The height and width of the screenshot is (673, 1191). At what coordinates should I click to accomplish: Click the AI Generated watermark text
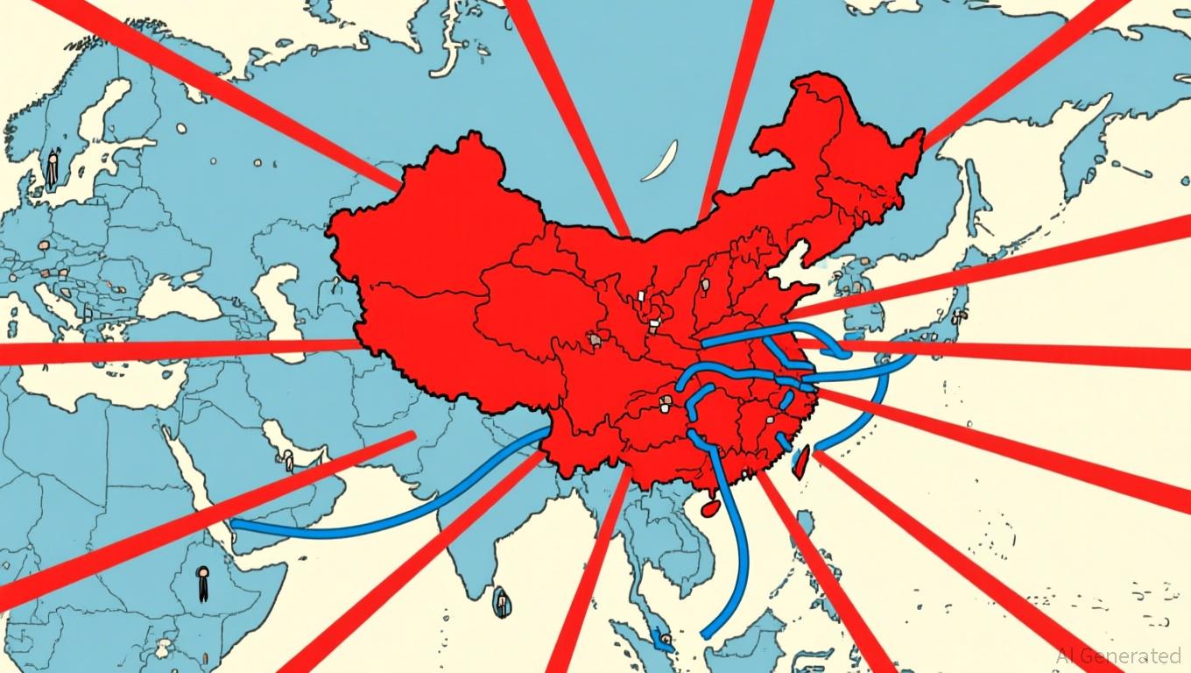pyautogui.click(x=1118, y=655)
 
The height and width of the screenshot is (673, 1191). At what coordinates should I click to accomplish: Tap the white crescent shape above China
pyautogui.click(x=661, y=162)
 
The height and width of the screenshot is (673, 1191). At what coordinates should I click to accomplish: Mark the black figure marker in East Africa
pyautogui.click(x=203, y=583)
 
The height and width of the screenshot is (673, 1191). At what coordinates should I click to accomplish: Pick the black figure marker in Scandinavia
pyautogui.click(x=53, y=168)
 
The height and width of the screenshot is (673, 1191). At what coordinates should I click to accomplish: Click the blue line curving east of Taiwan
pyautogui.click(x=863, y=416)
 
